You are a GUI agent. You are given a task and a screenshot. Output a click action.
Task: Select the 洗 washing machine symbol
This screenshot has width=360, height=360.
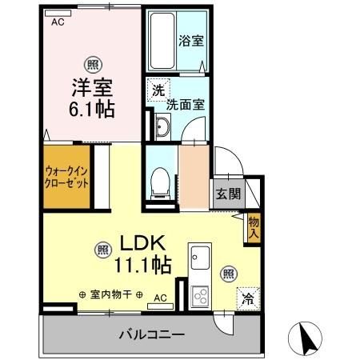pyautogui.click(x=158, y=90)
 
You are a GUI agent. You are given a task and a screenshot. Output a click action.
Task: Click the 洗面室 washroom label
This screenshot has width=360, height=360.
pyautogui.click(x=185, y=104)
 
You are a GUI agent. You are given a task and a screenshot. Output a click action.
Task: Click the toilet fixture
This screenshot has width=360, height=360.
pyautogui.click(x=160, y=182)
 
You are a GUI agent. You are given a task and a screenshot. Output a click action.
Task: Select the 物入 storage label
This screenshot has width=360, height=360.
pyautogui.click(x=254, y=228)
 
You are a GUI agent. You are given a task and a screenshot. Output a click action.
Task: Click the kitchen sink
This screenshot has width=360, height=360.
pyautogui.click(x=199, y=260)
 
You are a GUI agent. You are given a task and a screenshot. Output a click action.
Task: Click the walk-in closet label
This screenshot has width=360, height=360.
pyautogui.click(x=66, y=176)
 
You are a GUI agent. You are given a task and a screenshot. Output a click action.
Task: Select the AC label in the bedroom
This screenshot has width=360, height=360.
pyautogui.click(x=58, y=22)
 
